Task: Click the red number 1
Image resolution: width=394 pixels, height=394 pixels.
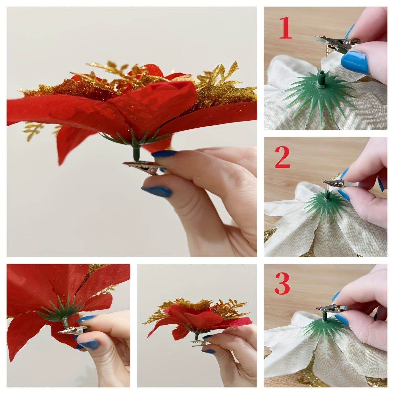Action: (x=286, y=28)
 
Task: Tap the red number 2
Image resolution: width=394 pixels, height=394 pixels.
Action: (x=282, y=157)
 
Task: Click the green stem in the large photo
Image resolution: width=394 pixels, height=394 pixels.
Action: (x=136, y=153)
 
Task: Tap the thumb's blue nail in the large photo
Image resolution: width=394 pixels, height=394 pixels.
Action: (x=157, y=191)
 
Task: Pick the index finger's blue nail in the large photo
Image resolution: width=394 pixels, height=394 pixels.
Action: (x=164, y=153)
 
